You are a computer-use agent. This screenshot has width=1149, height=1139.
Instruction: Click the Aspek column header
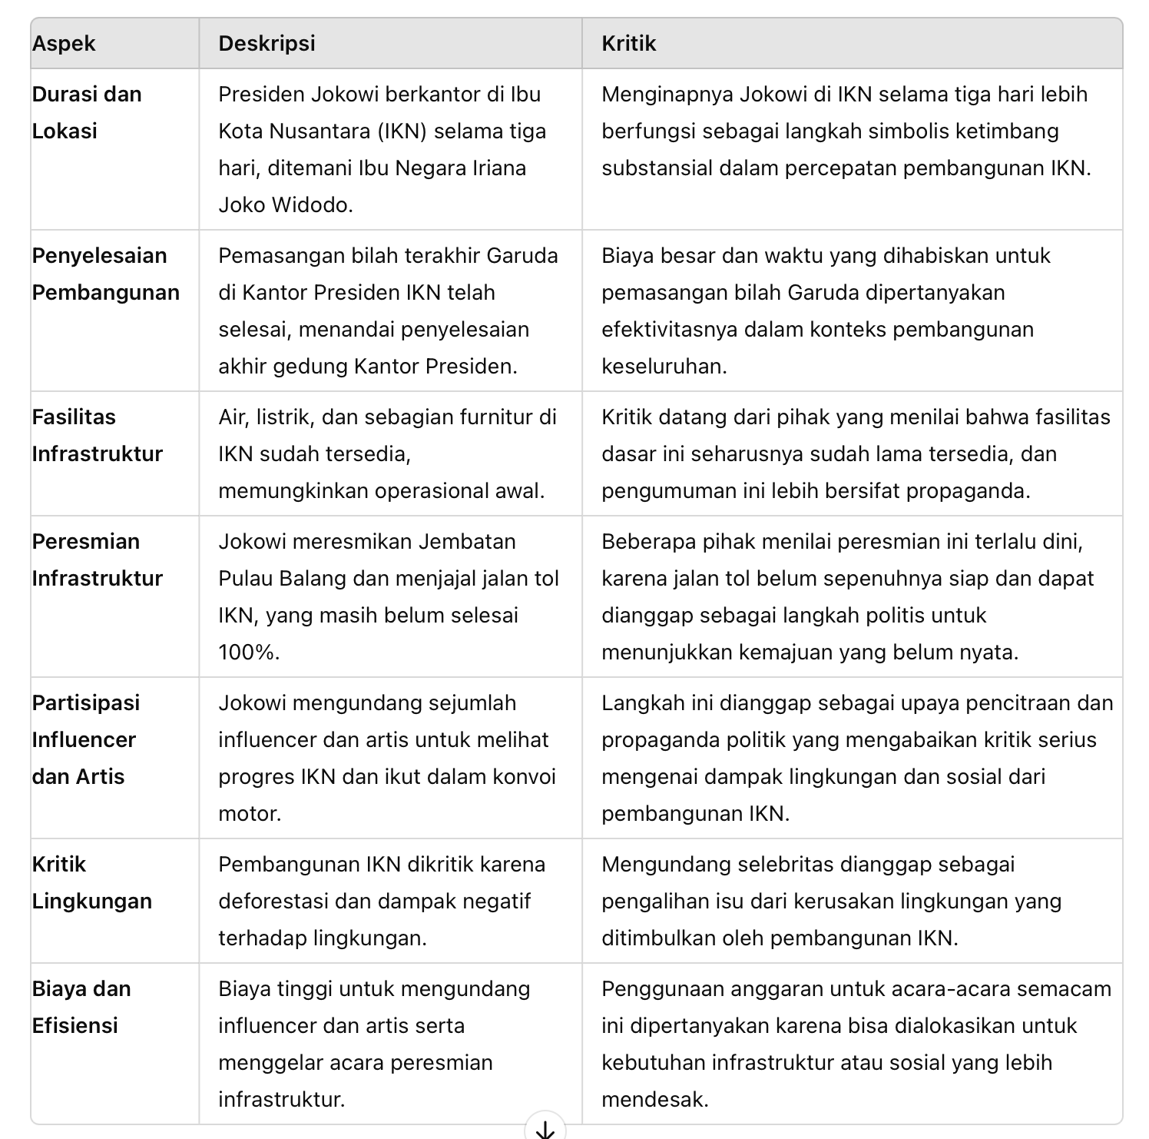tap(64, 44)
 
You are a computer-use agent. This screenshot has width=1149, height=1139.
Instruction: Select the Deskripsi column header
tap(267, 44)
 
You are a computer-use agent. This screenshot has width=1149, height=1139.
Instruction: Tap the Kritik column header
tap(628, 44)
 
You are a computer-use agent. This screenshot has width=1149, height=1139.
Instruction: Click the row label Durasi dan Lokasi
tap(87, 112)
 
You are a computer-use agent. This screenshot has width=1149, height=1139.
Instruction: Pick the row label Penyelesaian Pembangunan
tap(105, 274)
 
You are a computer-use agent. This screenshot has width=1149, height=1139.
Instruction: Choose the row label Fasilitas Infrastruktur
tap(97, 435)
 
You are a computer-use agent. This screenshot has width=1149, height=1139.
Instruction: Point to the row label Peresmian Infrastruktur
tap(97, 560)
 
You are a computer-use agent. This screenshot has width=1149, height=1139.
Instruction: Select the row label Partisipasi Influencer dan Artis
tap(85, 739)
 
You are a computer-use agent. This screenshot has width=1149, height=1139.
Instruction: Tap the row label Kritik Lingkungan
tap(91, 882)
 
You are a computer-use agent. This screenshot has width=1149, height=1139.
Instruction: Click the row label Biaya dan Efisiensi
tap(81, 1007)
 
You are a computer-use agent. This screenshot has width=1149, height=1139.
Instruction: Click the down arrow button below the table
tap(545, 1128)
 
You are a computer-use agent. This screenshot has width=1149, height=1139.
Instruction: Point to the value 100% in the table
tap(247, 653)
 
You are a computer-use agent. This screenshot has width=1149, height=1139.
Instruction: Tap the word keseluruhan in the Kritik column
tap(663, 367)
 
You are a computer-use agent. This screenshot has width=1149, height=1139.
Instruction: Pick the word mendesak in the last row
tap(653, 1100)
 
